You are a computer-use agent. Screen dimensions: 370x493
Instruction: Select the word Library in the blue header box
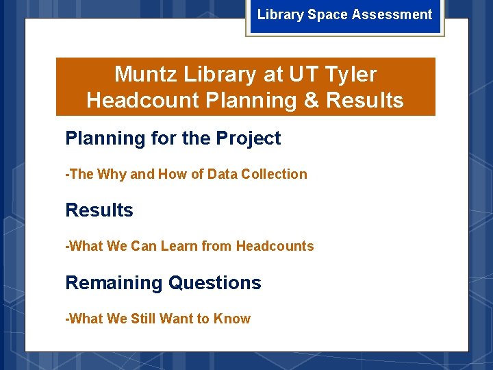click(280, 14)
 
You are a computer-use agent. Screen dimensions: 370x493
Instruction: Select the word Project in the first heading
click(249, 138)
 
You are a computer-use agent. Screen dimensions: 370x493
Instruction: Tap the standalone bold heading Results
click(99, 210)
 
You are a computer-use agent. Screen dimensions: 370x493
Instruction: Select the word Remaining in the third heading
click(114, 283)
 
